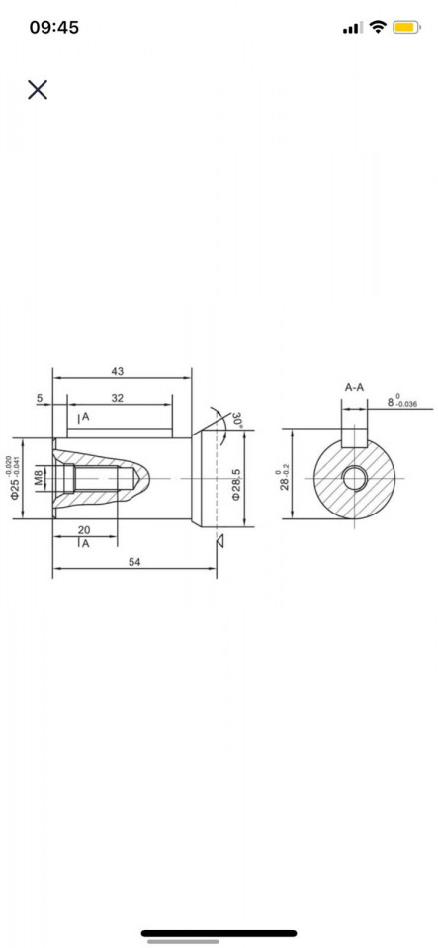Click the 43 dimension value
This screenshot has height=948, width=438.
118,371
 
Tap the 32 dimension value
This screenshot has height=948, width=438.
118,397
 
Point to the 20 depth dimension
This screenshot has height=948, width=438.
84,530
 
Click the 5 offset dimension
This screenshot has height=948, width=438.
39,398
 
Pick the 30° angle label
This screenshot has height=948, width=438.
236,419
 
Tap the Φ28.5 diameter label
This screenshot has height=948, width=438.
237,484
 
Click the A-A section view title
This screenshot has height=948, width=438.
354,387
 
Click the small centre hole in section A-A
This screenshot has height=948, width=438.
354,479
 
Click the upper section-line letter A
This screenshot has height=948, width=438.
85,418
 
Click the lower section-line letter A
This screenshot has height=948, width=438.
85,544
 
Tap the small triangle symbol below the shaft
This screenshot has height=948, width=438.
222,539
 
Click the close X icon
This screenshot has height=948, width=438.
38,90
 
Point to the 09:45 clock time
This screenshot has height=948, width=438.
54,28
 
